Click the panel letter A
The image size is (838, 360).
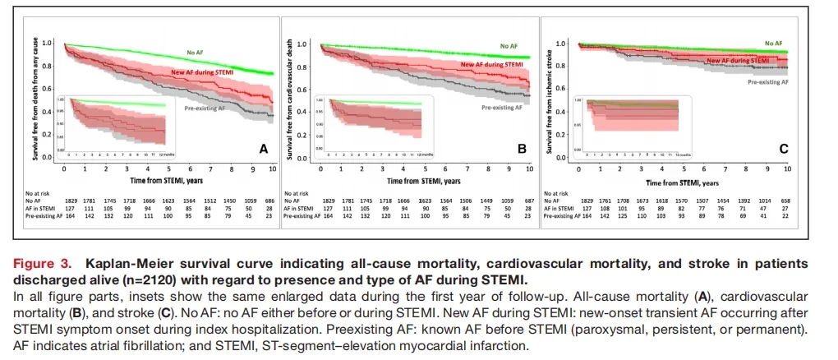(x=263, y=149)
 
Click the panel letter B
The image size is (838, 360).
(x=522, y=149)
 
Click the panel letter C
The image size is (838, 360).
(x=782, y=149)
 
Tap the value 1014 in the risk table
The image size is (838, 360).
(x=765, y=201)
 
